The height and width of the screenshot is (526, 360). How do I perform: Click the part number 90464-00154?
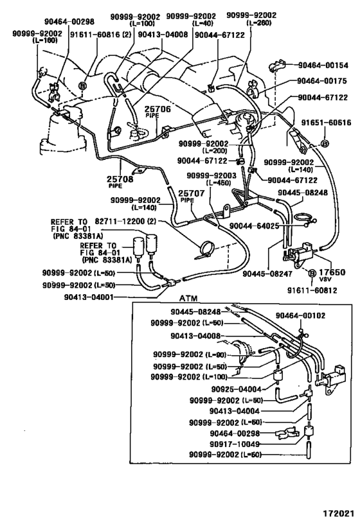[x=322, y=64]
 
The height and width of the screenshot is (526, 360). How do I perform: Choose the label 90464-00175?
[x=322, y=81]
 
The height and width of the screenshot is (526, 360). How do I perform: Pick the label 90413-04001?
[x=89, y=297]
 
